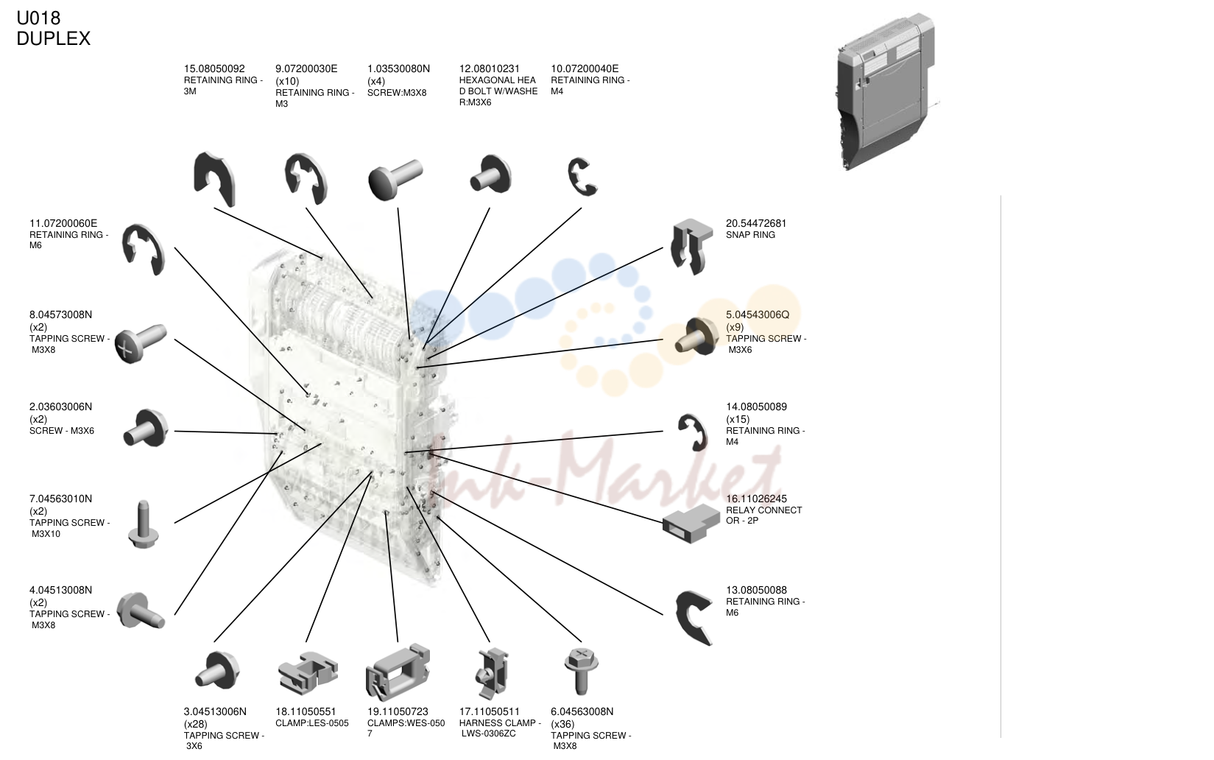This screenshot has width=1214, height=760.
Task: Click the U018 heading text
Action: [x=38, y=18]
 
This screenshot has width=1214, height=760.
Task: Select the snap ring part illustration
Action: [x=691, y=246]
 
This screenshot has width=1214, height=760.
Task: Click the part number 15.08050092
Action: [x=214, y=68]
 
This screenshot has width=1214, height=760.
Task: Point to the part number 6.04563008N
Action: [x=582, y=711]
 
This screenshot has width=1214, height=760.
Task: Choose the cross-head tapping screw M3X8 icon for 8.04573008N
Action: [x=141, y=344]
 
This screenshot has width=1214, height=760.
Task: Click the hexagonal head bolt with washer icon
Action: [x=490, y=175]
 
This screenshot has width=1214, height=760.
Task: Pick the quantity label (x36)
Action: [x=562, y=724]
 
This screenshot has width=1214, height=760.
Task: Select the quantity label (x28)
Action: [x=196, y=724]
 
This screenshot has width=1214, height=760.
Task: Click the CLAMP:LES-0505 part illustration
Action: [x=308, y=672]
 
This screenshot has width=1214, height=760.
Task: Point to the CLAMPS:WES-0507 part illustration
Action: [x=398, y=672]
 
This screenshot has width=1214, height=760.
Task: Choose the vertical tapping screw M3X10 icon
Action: [x=143, y=524]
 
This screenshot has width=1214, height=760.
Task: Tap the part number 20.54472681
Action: [x=756, y=223]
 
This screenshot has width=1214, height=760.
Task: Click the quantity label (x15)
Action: [x=738, y=419]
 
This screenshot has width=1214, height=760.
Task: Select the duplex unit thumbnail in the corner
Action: [x=886, y=91]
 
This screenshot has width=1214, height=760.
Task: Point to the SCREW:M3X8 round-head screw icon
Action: [x=395, y=179]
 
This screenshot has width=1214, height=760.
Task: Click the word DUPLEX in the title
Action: [x=53, y=38]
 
